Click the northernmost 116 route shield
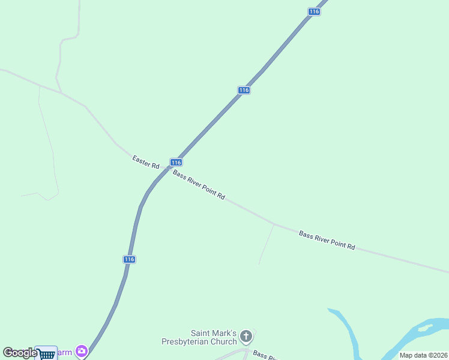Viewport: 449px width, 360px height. pos(313,12)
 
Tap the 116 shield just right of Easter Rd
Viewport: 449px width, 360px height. pos(175,163)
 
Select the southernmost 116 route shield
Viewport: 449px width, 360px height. pos(130,259)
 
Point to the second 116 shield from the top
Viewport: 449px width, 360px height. pos(243,90)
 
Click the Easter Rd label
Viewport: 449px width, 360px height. pos(146,162)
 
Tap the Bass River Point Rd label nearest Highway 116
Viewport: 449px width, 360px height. pos(199,185)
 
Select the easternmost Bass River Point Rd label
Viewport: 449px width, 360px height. pos(327,240)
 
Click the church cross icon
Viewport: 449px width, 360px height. pos(246,336)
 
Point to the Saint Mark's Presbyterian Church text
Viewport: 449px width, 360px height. pos(199,338)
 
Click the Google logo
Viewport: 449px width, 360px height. pos(20,353)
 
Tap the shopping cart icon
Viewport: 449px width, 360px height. pos(46,353)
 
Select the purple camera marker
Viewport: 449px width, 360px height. pos(81,352)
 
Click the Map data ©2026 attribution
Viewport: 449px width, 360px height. pos(424,355)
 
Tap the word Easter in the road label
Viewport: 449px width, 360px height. pos(141,160)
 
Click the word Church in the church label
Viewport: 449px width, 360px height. pos(224,342)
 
